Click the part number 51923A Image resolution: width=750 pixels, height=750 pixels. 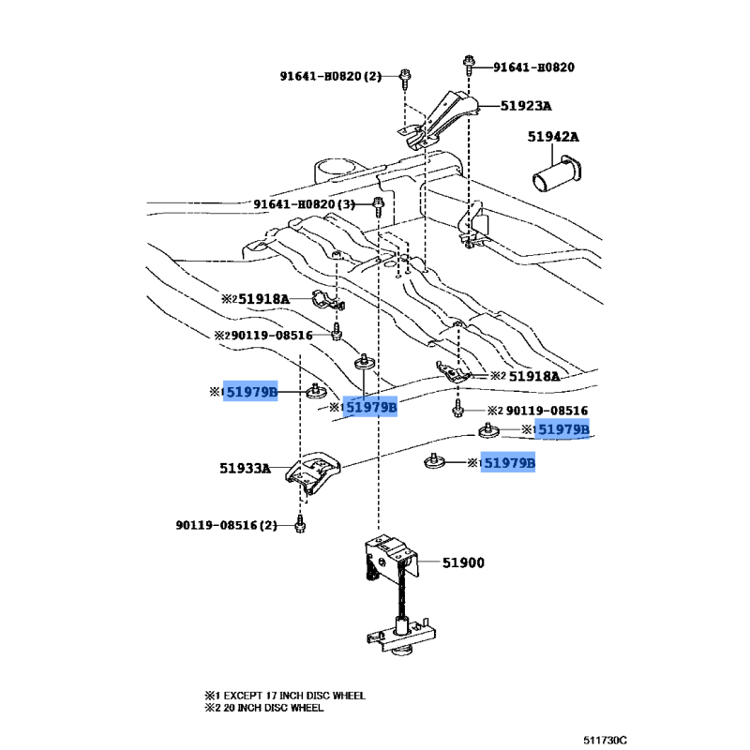[x=526, y=106]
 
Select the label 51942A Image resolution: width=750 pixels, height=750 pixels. [x=553, y=137]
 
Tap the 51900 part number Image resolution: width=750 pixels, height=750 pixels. [x=463, y=562]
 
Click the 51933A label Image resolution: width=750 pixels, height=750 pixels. [x=245, y=468]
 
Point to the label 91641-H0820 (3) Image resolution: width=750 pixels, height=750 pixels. [x=304, y=204]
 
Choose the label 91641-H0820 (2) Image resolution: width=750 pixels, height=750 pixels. [x=331, y=76]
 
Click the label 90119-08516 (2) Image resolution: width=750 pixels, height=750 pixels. [x=227, y=525]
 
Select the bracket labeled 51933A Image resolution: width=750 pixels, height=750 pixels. [x=313, y=472]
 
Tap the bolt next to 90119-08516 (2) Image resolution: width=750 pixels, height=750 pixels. [x=300, y=524]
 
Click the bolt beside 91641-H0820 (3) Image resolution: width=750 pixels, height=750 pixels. [x=379, y=206]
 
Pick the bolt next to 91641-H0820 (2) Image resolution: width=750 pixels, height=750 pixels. [x=405, y=79]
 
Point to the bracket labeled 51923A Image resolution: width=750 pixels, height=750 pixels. [x=438, y=120]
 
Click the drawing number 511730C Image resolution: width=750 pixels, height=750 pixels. [x=605, y=741]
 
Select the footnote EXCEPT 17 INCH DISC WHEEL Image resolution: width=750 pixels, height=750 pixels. [x=294, y=696]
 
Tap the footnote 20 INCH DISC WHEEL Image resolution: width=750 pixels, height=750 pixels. [x=274, y=708]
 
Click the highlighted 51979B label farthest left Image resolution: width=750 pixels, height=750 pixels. [x=250, y=392]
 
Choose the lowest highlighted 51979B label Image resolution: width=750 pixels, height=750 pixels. [x=508, y=462]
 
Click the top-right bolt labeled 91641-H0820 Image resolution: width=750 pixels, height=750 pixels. [x=470, y=65]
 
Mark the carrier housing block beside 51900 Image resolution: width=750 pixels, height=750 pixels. [x=390, y=557]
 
